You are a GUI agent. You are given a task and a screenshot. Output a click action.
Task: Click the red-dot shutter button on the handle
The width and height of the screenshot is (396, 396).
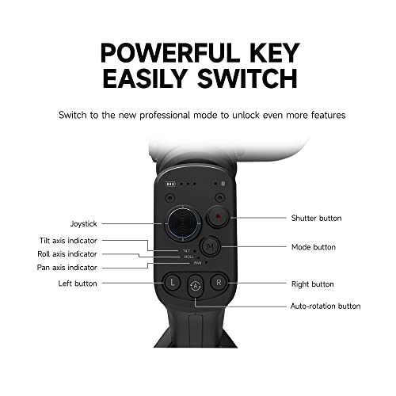(x=218, y=216)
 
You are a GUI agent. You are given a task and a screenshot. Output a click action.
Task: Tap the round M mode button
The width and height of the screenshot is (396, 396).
(x=210, y=247)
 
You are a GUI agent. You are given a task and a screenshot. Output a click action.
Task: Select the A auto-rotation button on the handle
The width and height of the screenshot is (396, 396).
(x=196, y=286)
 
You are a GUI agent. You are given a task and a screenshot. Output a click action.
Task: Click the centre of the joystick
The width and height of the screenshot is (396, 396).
(x=182, y=223)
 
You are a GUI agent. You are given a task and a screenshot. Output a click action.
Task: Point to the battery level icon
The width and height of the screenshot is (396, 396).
(x=170, y=184)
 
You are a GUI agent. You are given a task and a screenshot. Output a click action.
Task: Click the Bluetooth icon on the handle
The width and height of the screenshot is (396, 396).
(x=223, y=184)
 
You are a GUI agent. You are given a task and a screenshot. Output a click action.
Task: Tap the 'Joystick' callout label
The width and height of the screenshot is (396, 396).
(x=84, y=224)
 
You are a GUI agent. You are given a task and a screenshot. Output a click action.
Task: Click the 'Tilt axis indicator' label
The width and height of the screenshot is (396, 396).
(x=68, y=241)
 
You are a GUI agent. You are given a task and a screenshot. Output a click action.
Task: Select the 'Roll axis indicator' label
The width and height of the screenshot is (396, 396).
(x=67, y=254)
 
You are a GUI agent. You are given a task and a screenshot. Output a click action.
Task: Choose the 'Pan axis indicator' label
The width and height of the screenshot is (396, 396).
(x=67, y=268)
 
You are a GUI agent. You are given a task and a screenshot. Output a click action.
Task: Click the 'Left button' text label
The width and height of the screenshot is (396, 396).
(x=78, y=284)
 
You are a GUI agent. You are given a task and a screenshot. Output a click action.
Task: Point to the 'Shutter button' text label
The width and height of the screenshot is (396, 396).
(x=316, y=218)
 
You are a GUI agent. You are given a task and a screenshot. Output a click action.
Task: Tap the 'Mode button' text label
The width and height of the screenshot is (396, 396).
(x=314, y=247)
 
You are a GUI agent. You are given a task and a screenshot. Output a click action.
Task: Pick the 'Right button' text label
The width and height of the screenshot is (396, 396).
(x=313, y=284)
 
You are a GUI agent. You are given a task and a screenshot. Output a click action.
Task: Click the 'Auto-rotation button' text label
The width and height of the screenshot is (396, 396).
(x=326, y=307)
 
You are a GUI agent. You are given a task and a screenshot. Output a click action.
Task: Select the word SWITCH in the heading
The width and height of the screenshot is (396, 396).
(x=248, y=78)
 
